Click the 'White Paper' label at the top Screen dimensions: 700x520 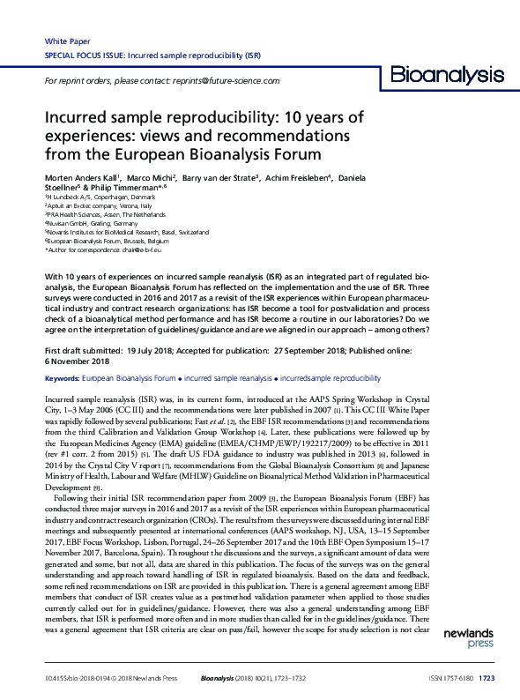coord(64,41)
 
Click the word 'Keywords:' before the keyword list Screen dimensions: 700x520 coord(61,377)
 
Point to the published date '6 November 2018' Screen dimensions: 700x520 coord(78,361)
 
